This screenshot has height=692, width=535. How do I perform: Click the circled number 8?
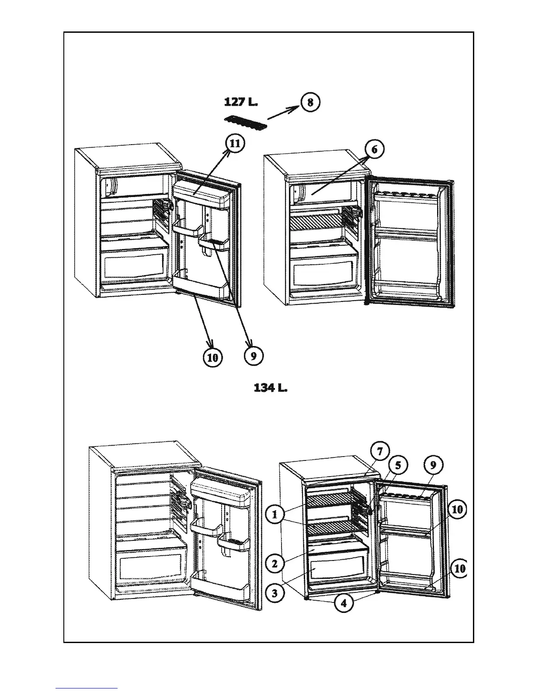(310, 103)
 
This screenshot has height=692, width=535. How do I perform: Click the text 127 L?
(241, 102)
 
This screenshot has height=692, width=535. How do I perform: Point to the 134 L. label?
(271, 388)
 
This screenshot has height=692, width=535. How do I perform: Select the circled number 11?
(235, 144)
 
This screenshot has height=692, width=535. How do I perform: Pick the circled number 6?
(374, 150)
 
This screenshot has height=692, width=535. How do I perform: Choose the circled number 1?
(274, 515)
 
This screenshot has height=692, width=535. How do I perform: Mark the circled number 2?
(274, 564)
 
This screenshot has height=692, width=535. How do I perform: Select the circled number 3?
(274, 593)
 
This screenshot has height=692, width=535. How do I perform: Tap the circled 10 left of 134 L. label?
(212, 358)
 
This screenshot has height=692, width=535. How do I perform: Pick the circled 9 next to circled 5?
(433, 465)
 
